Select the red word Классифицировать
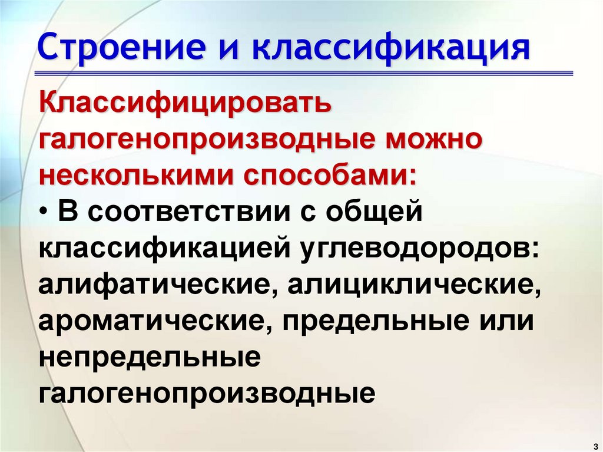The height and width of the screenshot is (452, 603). point(185,104)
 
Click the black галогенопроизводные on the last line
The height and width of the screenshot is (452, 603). point(207,393)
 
